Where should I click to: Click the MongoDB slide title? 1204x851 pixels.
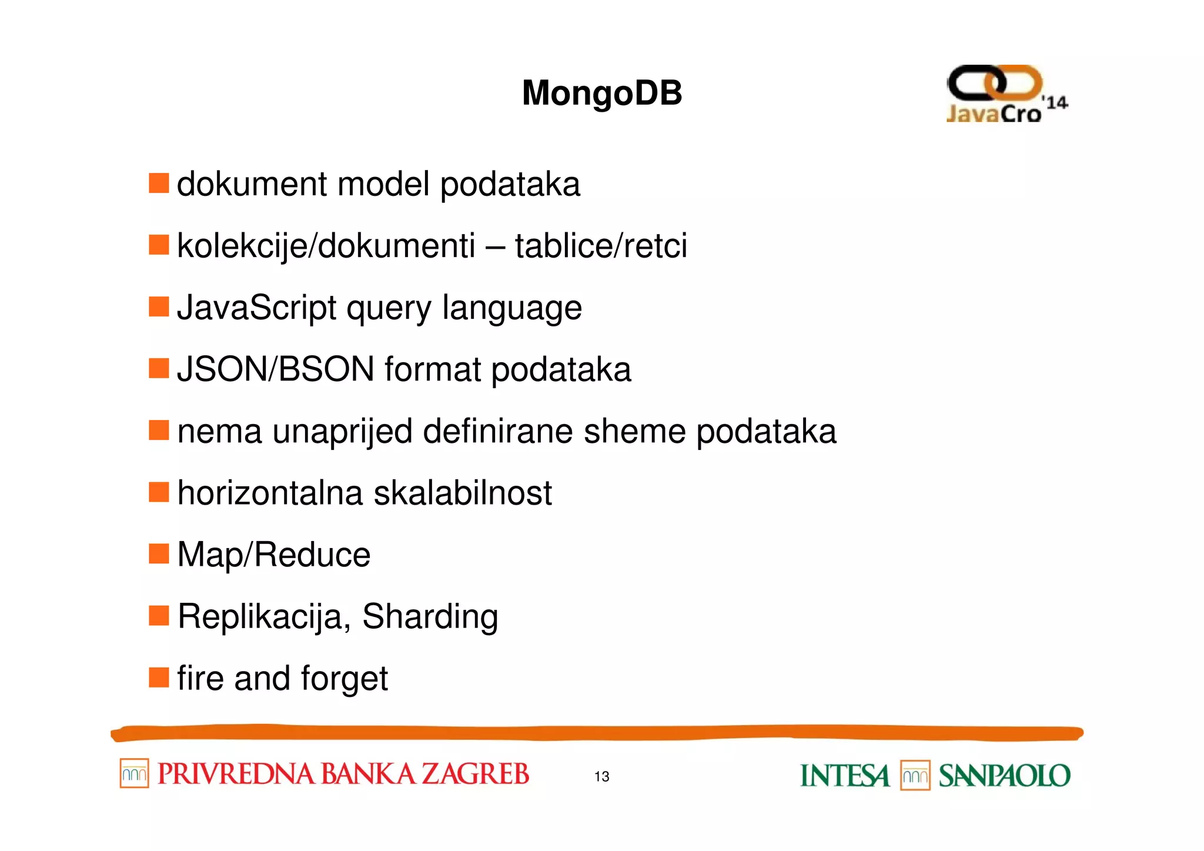click(601, 93)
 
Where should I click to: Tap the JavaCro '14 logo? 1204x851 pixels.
click(1006, 95)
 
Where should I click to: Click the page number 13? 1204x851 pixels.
click(601, 776)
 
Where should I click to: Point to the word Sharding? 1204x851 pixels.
click(430, 617)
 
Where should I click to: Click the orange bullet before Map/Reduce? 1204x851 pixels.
click(159, 553)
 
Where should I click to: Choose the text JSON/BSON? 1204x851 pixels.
click(275, 369)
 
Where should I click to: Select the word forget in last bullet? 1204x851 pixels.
click(344, 679)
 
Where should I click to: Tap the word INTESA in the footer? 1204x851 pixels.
click(844, 776)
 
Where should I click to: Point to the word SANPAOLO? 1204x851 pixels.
click(1004, 776)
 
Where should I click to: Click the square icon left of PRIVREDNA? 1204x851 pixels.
click(134, 773)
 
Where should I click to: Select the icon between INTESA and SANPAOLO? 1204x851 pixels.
click(915, 776)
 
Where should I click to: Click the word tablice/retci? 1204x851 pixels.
click(600, 246)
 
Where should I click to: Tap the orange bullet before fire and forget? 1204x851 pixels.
click(159, 677)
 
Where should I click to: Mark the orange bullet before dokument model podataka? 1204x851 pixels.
click(159, 183)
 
